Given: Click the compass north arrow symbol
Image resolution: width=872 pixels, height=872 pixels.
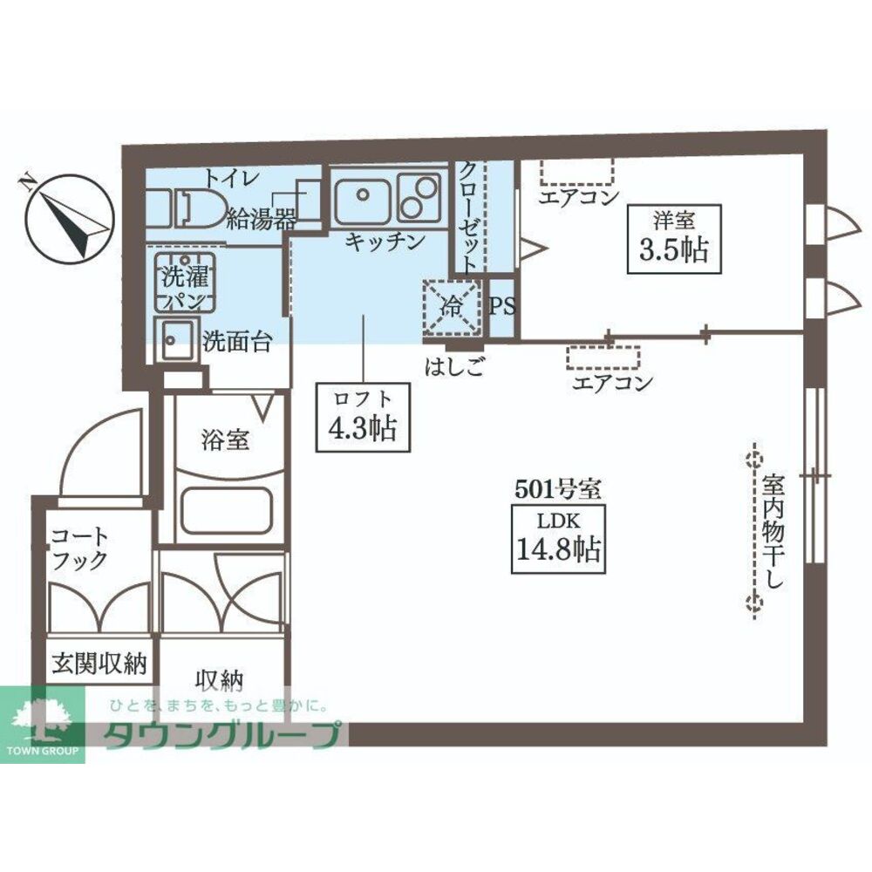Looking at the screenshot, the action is pos(72,217).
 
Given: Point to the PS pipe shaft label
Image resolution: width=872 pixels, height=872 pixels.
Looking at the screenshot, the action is pos(502,306).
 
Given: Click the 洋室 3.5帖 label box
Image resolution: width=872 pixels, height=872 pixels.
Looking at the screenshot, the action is pos(674,239).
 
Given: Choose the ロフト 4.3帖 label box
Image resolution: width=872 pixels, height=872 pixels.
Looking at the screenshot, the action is pos(363,417).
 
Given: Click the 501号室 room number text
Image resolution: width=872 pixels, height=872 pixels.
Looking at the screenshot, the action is pos(558,489).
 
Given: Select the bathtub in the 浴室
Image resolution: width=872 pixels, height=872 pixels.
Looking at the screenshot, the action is pos(227,510).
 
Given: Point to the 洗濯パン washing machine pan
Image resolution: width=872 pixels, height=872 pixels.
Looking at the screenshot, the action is pos(185,282).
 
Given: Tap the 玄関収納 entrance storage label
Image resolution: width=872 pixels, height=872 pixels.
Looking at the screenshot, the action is pos(99,664).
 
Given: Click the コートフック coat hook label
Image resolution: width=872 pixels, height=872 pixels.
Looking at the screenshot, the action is pos(79,548).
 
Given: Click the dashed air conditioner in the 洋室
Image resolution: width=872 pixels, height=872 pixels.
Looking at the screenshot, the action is pos(576,173).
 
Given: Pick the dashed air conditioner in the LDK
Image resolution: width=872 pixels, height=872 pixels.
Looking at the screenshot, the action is pos(603,358).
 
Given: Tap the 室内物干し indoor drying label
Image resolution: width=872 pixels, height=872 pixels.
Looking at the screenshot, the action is pos(773,530).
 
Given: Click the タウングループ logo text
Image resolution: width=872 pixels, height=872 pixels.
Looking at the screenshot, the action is pos(221,734).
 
